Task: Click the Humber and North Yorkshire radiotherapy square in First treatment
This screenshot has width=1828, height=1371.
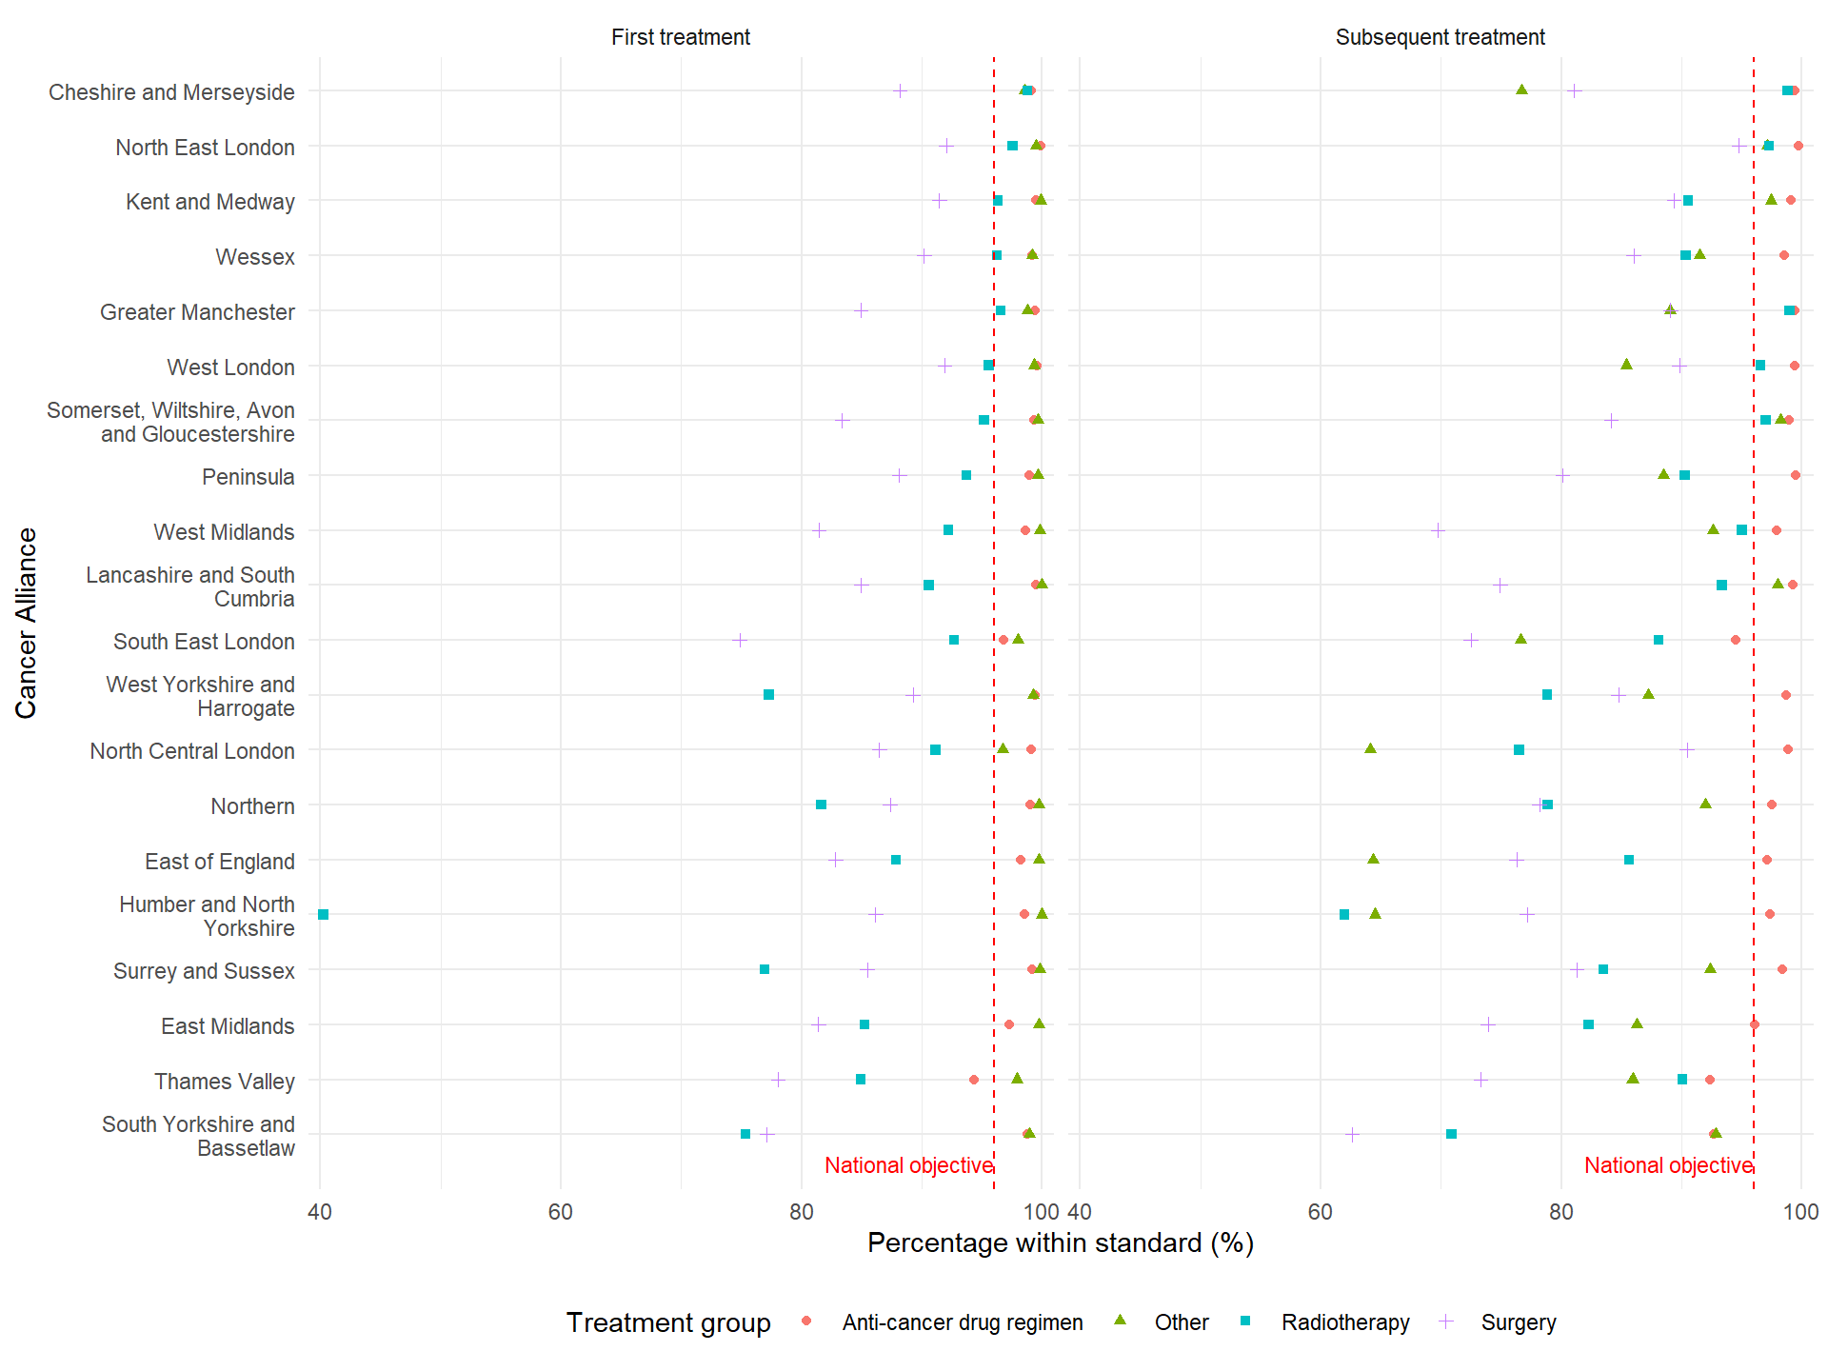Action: [x=324, y=915]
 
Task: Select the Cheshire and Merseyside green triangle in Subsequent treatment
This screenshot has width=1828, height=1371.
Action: [x=1521, y=89]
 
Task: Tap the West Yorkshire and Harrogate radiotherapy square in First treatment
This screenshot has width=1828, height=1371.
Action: [x=769, y=695]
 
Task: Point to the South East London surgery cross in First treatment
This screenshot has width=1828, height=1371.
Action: [x=740, y=640]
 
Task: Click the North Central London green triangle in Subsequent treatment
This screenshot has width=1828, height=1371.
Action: [x=1370, y=749]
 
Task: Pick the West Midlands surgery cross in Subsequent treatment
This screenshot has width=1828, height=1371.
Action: [x=1438, y=530]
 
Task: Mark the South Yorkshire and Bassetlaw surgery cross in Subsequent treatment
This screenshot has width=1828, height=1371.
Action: [x=1352, y=1134]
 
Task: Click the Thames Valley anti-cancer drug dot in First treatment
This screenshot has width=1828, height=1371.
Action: [x=973, y=1080]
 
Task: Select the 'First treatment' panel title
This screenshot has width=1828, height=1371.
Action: [x=680, y=37]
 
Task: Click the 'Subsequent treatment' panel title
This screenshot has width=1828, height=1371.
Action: [x=1440, y=37]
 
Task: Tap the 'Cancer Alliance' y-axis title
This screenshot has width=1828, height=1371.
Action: [x=27, y=623]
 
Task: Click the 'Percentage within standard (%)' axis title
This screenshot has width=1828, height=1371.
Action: [x=1060, y=1243]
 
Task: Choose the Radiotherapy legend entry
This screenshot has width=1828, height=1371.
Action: [x=1344, y=1322]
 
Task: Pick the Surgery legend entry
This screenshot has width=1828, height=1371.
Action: [x=1518, y=1322]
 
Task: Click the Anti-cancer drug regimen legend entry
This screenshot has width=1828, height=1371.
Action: [x=962, y=1322]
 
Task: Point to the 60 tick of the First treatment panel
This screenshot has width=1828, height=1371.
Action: [x=561, y=1212]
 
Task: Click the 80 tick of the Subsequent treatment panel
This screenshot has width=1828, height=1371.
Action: [x=1561, y=1212]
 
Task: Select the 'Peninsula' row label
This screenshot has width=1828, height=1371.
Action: [x=248, y=477]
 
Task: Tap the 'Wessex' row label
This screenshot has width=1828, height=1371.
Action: [x=255, y=257]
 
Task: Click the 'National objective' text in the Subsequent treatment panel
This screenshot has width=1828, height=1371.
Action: [x=1668, y=1165]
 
